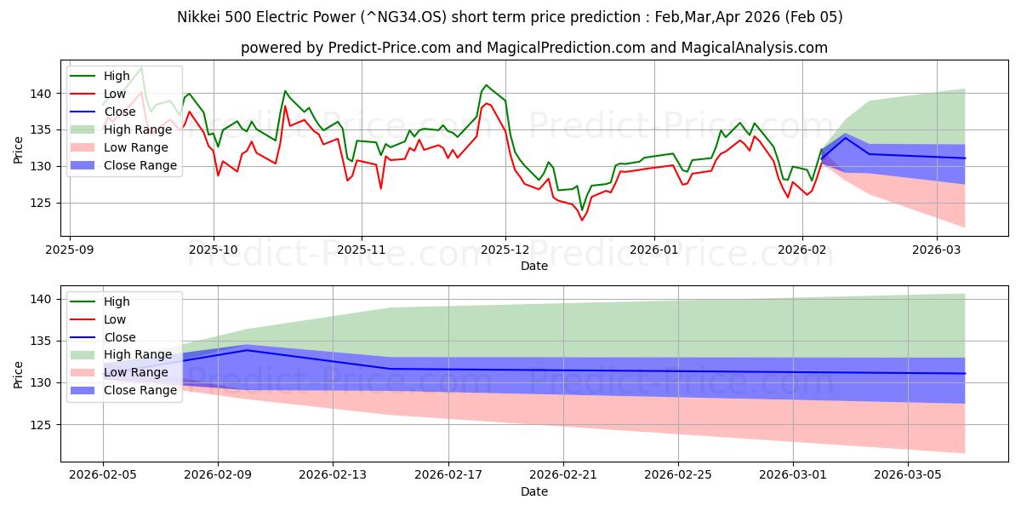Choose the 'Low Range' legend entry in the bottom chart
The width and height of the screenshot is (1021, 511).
point(137,372)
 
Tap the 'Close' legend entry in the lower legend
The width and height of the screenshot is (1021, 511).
point(118,337)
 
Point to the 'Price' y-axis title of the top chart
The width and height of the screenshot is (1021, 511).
point(19,151)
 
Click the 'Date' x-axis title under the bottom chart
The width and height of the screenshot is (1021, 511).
point(534,492)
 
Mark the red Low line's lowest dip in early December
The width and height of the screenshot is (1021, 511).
point(583,221)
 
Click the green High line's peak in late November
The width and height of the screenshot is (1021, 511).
point(486,85)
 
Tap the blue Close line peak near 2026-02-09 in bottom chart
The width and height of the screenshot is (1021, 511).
point(246,350)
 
